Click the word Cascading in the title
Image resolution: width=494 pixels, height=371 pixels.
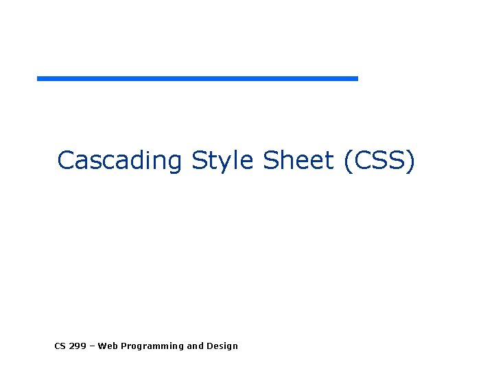tap(119, 160)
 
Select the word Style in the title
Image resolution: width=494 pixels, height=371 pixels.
tap(223, 160)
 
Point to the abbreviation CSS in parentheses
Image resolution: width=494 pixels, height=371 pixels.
tap(381, 160)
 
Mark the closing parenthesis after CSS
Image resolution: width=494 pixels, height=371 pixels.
tap(411, 161)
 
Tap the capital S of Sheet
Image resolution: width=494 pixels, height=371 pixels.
tap(270, 160)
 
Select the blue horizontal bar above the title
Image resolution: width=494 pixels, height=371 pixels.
tap(198, 78)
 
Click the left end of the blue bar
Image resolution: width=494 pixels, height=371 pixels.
tap(40, 78)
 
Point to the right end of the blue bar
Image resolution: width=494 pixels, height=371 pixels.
tap(355, 78)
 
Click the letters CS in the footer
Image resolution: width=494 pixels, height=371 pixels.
tap(60, 346)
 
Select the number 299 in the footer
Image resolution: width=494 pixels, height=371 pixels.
tap(78, 346)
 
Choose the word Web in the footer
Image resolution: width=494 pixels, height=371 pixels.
tap(108, 346)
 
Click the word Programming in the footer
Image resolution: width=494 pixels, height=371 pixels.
tap(151, 346)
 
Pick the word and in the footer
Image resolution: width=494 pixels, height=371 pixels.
tap(196, 346)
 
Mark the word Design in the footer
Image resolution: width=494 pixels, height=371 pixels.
tap(222, 346)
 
